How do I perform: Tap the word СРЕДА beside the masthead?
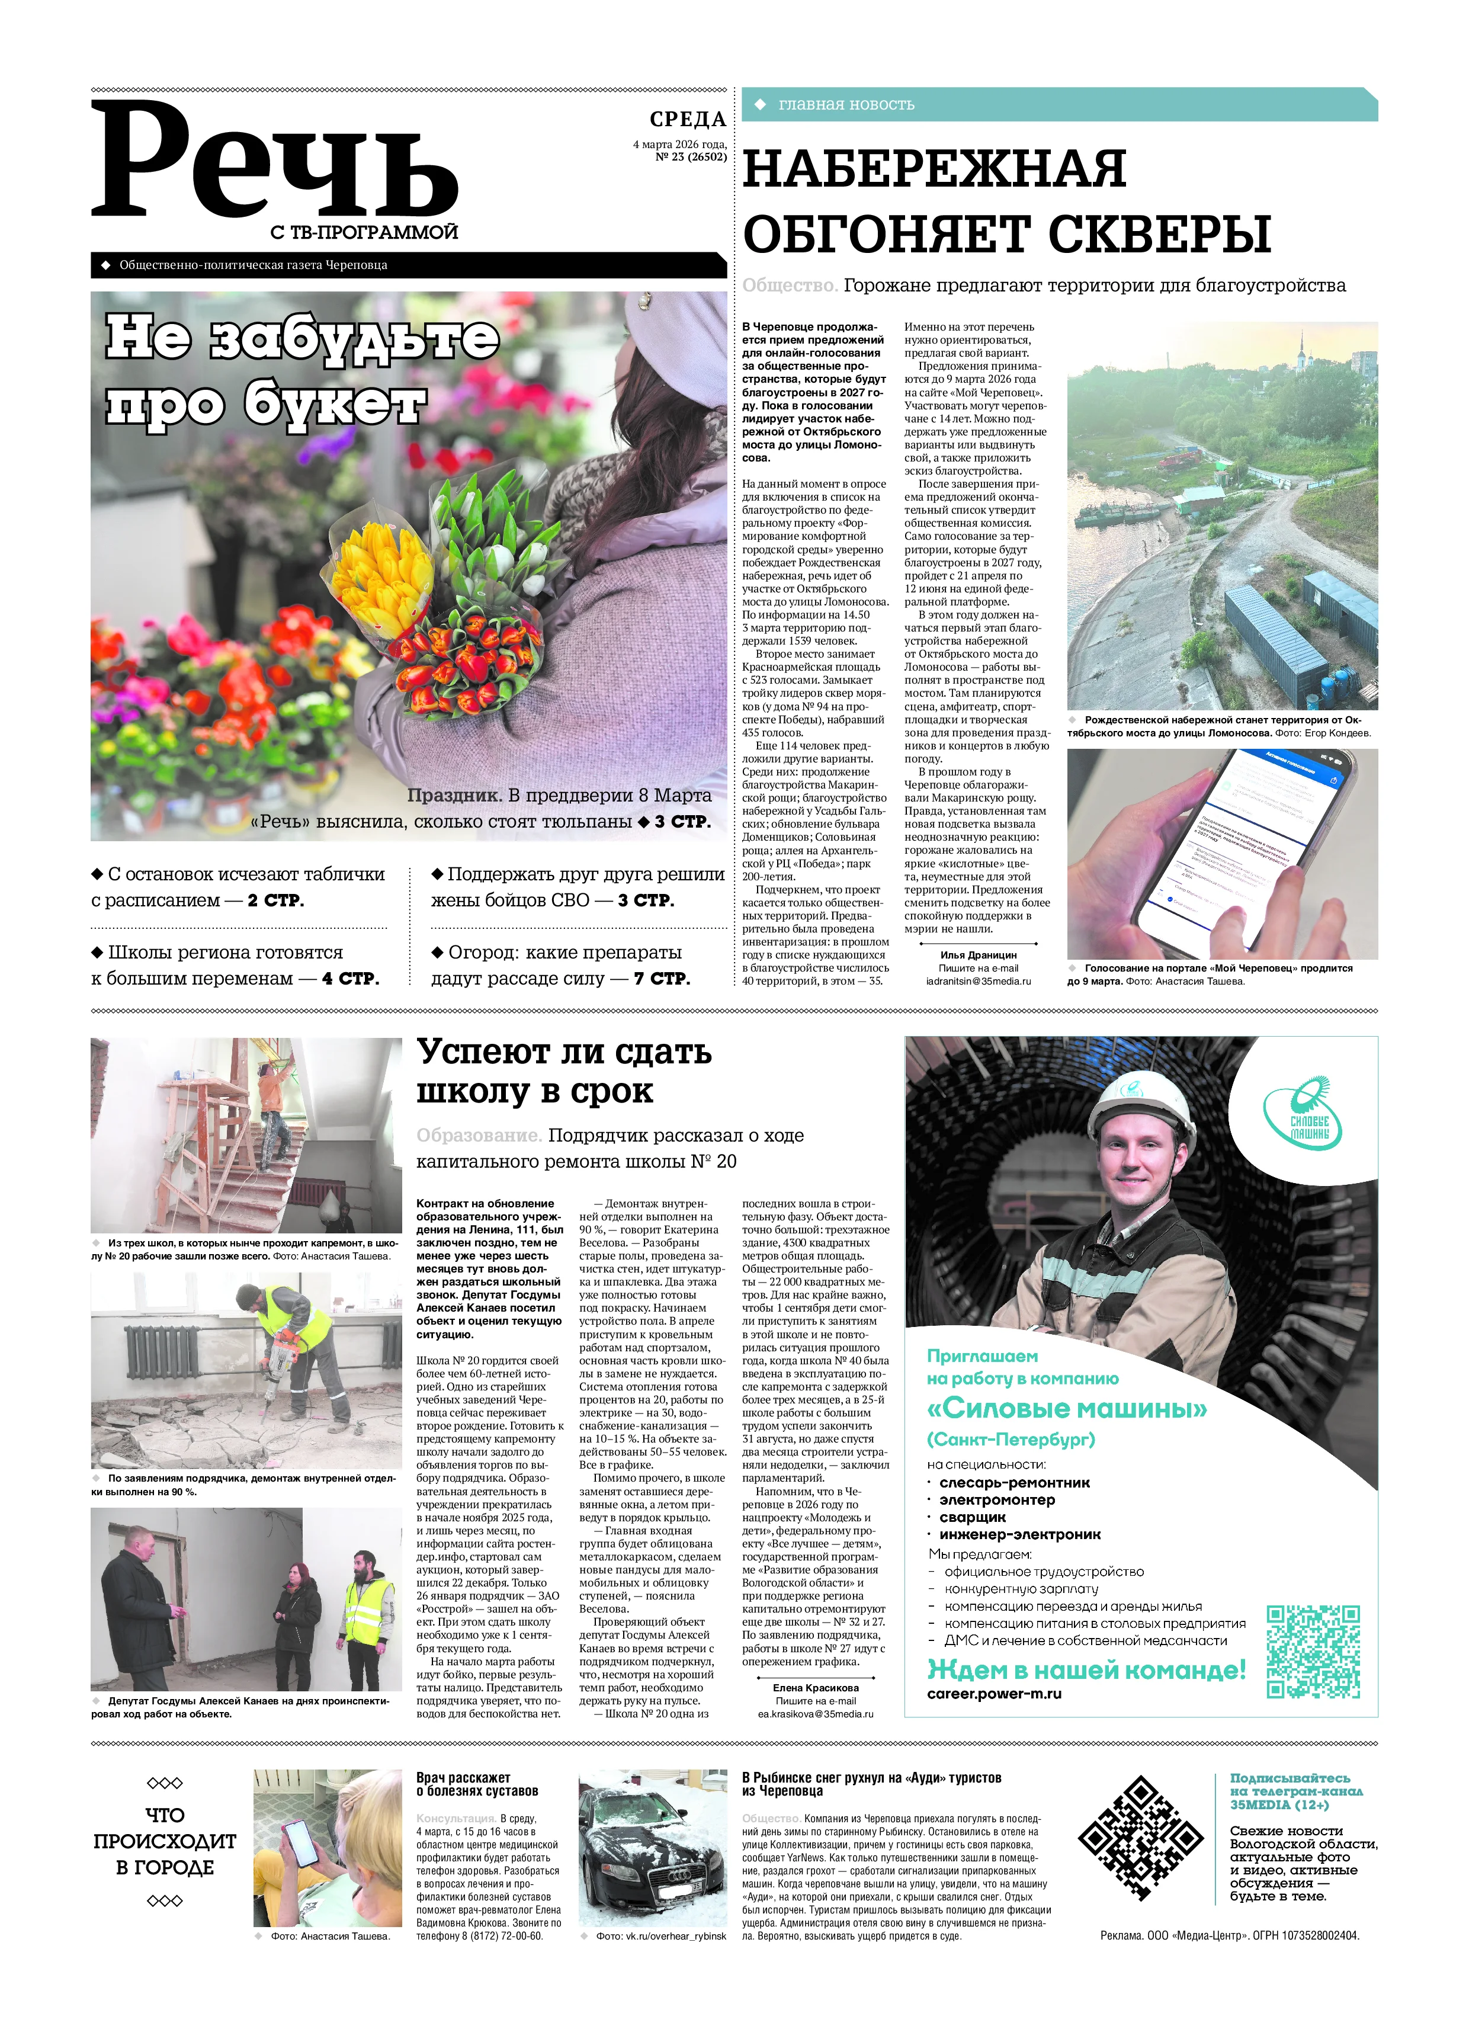[687, 119]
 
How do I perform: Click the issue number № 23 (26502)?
[691, 156]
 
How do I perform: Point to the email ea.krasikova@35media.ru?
[815, 1714]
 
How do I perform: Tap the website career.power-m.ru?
[994, 1694]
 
